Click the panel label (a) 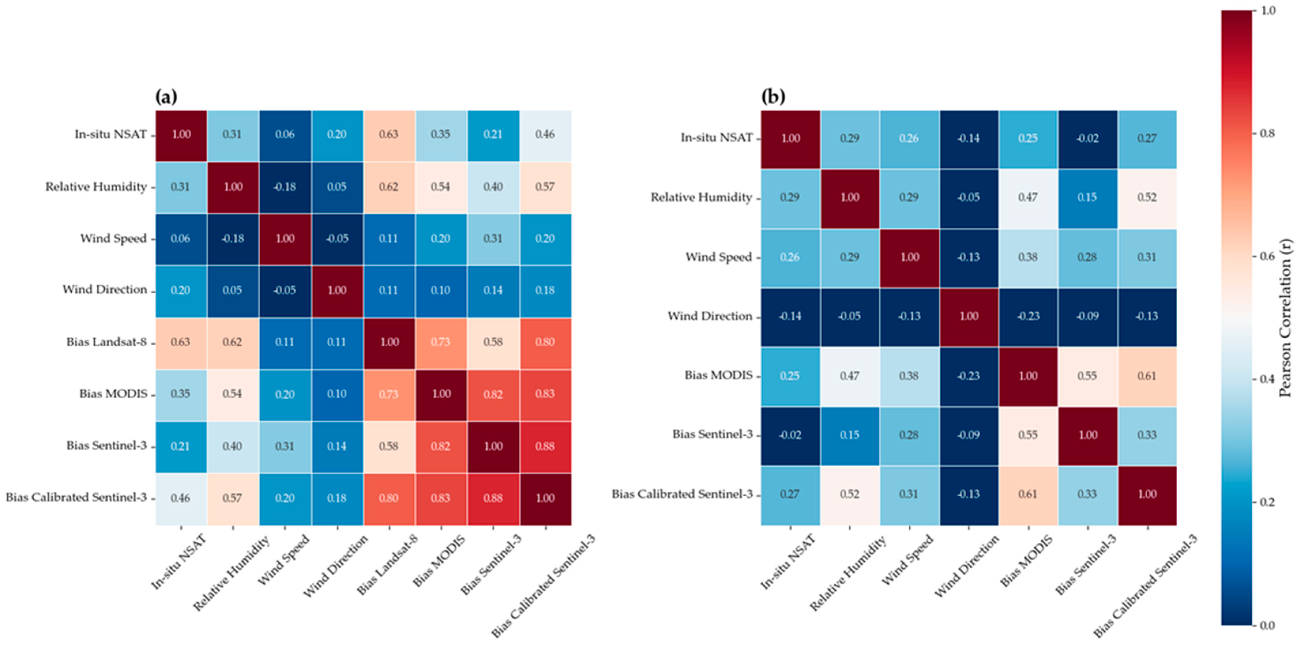(x=166, y=96)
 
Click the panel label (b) (x=773, y=96)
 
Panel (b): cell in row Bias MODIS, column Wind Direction (x=969, y=376)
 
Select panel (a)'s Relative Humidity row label (x=96, y=187)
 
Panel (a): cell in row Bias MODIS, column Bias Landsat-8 (x=389, y=394)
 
